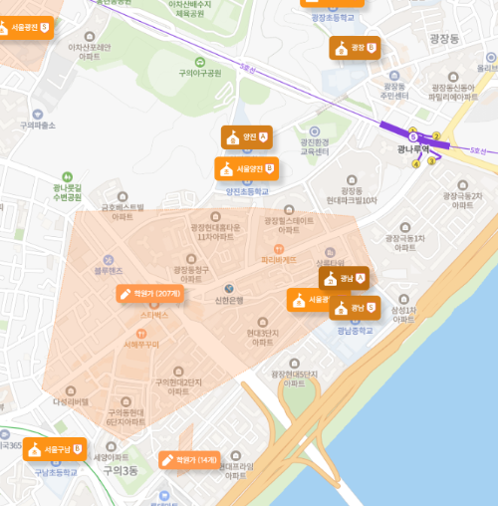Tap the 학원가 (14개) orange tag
click(189, 460)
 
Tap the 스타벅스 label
click(152, 314)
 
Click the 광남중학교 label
click(355, 329)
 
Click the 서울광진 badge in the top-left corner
click(30, 27)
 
